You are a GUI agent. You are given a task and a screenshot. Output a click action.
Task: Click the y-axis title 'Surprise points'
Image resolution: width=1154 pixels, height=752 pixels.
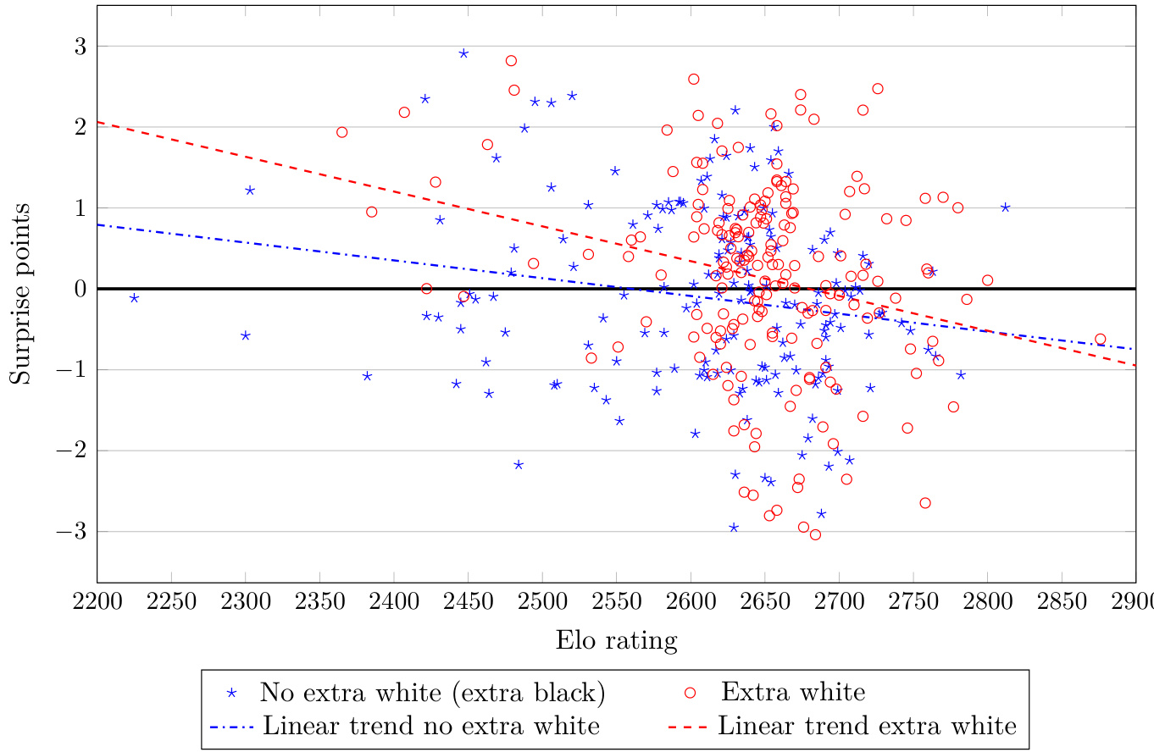(x=20, y=293)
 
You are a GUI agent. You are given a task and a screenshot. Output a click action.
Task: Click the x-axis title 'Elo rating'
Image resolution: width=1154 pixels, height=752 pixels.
(x=616, y=641)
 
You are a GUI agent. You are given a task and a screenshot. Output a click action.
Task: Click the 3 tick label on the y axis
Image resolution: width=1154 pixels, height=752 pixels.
(x=80, y=46)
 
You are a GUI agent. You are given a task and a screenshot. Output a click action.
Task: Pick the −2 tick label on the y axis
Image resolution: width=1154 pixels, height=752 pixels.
(x=74, y=451)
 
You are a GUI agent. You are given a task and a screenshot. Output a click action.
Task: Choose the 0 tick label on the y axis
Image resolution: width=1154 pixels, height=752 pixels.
(x=80, y=289)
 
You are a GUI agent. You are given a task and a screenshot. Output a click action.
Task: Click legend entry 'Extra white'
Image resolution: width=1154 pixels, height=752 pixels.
(x=793, y=692)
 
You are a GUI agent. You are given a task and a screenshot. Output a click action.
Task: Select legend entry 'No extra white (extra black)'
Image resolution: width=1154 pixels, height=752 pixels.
(x=432, y=692)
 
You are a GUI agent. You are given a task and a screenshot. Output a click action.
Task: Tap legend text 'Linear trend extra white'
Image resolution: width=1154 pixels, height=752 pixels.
(x=867, y=726)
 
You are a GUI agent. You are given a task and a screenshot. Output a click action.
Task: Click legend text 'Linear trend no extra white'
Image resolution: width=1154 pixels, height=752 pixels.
(x=431, y=726)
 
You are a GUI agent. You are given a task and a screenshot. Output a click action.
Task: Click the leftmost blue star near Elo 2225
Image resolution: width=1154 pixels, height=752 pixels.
(x=134, y=298)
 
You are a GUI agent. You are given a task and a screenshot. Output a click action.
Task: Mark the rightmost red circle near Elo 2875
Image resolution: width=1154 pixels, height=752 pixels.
(x=1100, y=340)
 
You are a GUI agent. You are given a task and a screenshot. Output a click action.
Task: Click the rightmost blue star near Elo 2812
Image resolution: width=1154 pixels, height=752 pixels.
(x=1005, y=207)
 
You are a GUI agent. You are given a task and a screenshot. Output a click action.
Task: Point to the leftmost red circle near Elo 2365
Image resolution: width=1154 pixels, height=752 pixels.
(x=342, y=132)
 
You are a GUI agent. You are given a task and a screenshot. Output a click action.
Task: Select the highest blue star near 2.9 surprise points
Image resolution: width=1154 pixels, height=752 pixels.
(x=463, y=53)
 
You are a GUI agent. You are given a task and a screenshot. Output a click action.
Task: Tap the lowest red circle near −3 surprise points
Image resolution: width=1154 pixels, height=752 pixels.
(x=815, y=534)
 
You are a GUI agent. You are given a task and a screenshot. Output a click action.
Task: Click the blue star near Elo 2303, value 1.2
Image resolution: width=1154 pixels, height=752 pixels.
(x=250, y=191)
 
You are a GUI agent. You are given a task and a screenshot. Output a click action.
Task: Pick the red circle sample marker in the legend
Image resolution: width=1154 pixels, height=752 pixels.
(x=690, y=692)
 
